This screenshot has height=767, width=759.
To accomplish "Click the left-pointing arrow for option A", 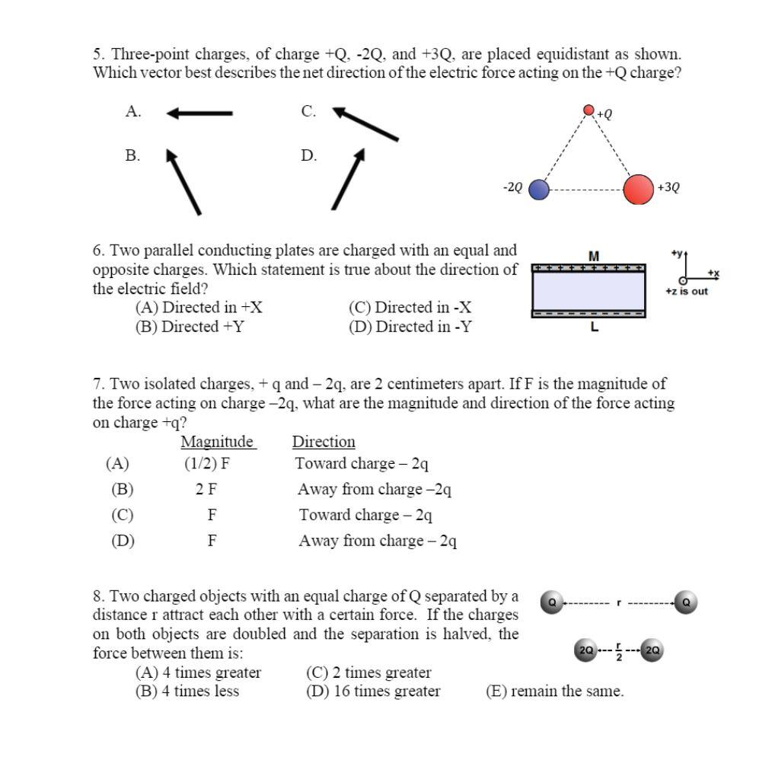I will click(x=199, y=113).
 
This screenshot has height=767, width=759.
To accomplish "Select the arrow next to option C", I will click(x=365, y=124).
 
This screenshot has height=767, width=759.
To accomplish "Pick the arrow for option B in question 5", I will click(x=183, y=181).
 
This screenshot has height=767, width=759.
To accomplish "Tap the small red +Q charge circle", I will click(x=588, y=110).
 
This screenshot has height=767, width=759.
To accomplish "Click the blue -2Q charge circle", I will click(x=538, y=190).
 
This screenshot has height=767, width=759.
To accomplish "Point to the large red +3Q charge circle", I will click(x=639, y=190).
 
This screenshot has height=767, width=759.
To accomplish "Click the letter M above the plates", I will click(x=594, y=255).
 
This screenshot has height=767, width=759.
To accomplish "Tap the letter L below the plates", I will click(x=594, y=328).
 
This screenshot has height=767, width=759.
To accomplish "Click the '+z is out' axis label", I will click(x=686, y=291).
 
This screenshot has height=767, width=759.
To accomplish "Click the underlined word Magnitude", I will click(x=218, y=442).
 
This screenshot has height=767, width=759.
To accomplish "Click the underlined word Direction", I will click(x=324, y=442).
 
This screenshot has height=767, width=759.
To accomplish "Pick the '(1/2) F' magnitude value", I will click(x=206, y=463).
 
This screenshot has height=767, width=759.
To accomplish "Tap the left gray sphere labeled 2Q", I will click(x=585, y=650).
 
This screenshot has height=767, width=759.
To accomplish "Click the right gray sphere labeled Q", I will click(x=686, y=602).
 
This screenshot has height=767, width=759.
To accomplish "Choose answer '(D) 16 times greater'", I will click(x=373, y=691).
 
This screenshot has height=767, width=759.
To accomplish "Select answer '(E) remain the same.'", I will click(x=554, y=691).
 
